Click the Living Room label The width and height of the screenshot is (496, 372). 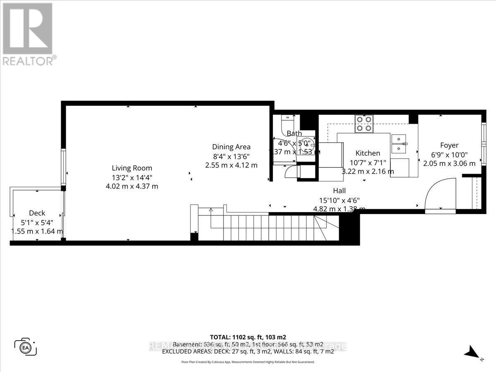coord(132,168)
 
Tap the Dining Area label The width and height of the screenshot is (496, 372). coord(231,147)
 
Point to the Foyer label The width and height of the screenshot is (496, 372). coord(449,145)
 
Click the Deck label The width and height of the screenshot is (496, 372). coord(37,213)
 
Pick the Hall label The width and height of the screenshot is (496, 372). coord(339,191)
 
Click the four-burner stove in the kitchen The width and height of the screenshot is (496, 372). coord(364,124)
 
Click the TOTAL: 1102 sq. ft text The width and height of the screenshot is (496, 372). coord(248,336)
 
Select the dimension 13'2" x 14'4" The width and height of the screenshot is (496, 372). coord(132,177)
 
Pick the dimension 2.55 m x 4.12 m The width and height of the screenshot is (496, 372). coord(231,165)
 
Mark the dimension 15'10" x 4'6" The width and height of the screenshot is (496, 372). coord(339,200)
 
